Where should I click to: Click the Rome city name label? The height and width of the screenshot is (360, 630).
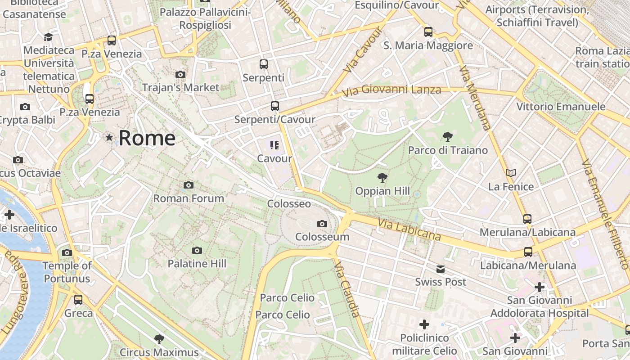pos(147,138)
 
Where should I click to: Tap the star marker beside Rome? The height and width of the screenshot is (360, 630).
pos(109,137)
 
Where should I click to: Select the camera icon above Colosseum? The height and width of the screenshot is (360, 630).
pos(322,224)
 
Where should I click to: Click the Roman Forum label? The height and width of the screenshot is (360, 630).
pos(189,198)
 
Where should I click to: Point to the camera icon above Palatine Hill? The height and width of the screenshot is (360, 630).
pos(197,250)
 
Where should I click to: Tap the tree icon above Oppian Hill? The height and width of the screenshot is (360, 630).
pos(382,177)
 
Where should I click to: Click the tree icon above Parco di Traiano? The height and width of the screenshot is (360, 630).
pos(447,136)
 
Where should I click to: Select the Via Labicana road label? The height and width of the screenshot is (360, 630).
pos(409,230)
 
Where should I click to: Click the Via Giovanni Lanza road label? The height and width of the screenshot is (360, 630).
pos(391,90)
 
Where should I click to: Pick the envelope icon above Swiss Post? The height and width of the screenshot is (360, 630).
pos(440,269)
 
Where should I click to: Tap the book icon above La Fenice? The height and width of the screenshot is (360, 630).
pos(510,173)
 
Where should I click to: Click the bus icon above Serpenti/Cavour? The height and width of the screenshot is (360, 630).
pos(274,106)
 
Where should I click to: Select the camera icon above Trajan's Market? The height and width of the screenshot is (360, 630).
pos(180,74)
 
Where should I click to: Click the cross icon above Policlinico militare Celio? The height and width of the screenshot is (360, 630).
pos(424,324)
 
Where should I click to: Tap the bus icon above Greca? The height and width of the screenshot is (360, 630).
pos(78,299)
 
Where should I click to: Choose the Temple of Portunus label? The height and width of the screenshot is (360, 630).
pos(67,272)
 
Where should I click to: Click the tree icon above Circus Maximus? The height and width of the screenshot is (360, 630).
pos(159,339)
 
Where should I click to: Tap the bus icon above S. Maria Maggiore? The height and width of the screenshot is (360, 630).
pos(428,32)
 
